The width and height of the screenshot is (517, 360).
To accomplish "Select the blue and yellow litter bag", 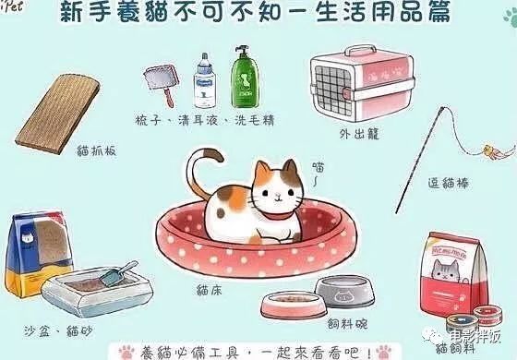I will pyautogui.click(x=42, y=249).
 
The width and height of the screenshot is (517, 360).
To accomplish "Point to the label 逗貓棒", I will pyautogui.click(x=450, y=183).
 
